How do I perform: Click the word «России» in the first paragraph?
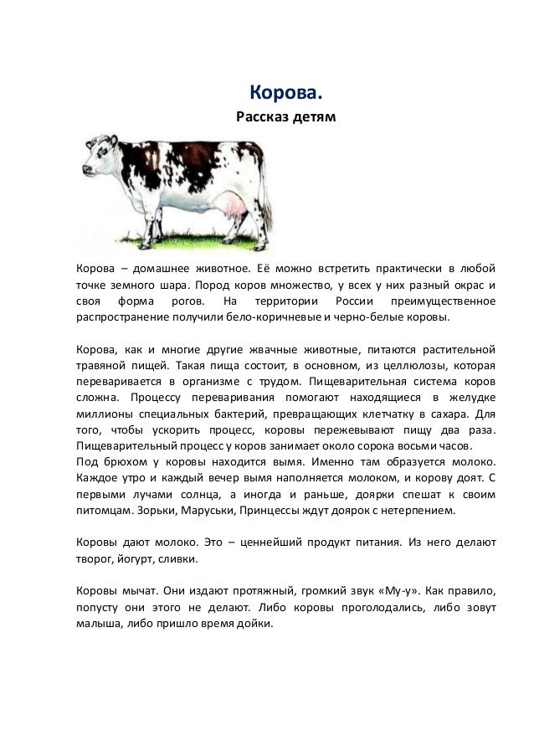click(x=348, y=301)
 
